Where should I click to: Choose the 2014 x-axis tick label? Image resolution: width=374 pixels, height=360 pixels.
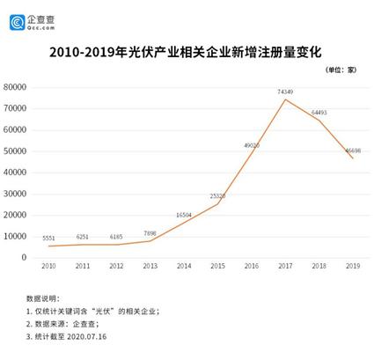tap(183, 266)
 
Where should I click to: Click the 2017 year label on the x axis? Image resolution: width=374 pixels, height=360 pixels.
tap(284, 266)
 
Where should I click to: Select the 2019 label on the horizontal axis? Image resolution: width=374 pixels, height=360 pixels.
tap(351, 266)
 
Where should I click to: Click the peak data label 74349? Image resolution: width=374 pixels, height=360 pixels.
tap(285, 92)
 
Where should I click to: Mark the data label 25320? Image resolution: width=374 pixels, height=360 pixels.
tap(217, 195)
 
